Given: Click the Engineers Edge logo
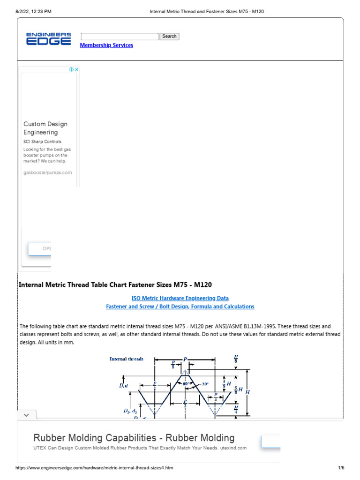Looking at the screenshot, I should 48,39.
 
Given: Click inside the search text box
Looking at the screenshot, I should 120,37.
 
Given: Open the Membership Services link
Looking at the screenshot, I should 106,45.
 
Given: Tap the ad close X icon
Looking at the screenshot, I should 77,69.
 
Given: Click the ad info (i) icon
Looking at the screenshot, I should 71,69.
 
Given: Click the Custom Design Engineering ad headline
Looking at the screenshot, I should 45,128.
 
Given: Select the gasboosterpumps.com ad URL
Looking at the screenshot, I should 48,172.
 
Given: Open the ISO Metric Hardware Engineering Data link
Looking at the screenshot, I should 180,298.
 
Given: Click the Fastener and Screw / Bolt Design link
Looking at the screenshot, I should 180,307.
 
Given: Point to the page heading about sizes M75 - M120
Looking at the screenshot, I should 115,285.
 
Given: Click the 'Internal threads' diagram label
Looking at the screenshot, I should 127,360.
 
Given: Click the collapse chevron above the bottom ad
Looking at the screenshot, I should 26,415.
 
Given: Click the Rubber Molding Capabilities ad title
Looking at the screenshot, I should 134,438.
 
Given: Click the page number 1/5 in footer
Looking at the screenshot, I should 341,468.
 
